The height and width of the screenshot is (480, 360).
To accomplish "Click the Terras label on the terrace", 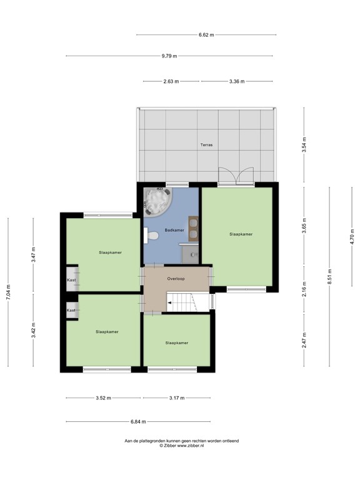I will tap(206, 145).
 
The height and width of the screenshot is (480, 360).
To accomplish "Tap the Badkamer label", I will tap(174, 231).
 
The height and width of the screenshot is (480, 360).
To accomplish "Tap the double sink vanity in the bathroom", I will tap(194, 228).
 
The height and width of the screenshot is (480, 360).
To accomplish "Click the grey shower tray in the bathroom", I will tap(190, 254).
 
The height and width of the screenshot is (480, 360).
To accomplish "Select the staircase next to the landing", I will tap(187, 304).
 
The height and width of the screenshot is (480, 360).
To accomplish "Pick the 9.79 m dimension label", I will tap(169, 56).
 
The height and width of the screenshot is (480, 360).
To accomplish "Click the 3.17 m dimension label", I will tap(177, 397).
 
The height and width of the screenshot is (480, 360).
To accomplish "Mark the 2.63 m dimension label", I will tap(171, 81).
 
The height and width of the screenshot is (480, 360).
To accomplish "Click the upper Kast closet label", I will tap(71, 281).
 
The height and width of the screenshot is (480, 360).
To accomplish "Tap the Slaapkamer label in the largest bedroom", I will tap(241, 234).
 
